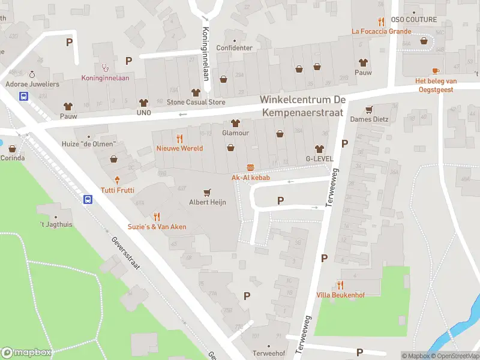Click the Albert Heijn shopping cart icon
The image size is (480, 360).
(208, 193)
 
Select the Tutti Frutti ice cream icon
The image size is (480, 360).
(118, 180)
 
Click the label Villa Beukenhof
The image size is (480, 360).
(340, 295)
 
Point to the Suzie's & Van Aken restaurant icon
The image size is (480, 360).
(157, 217)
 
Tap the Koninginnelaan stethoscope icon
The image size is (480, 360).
(106, 68)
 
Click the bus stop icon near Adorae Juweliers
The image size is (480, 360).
(24, 96)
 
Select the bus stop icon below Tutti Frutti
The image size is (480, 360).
(88, 199)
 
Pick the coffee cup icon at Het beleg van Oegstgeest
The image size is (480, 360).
(436, 71)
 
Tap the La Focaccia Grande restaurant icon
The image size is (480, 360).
(381, 21)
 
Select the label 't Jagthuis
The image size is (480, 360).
(56, 225)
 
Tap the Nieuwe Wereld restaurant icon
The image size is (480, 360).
(179, 138)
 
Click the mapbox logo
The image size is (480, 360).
(26, 353)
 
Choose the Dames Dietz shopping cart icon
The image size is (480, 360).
(370, 109)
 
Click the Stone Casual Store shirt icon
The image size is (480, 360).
(196, 92)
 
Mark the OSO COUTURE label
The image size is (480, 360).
(413, 20)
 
